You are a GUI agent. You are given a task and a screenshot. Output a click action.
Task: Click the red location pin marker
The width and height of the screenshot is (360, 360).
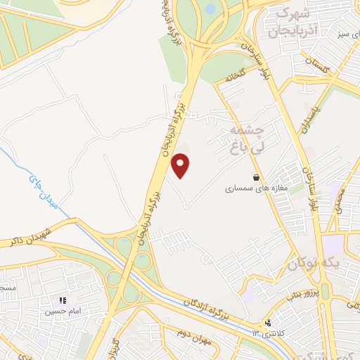[x=181, y=166]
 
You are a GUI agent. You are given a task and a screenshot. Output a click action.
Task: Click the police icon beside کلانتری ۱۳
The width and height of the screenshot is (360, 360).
[x=267, y=323]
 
